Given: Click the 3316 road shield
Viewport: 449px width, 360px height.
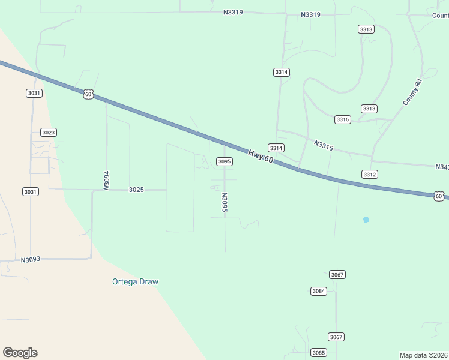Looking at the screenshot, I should click(342, 119).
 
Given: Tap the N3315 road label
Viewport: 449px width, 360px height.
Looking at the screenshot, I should click(323, 145).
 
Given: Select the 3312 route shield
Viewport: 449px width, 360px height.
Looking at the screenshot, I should click(370, 174).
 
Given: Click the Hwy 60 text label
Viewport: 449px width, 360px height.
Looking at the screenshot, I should click(261, 156).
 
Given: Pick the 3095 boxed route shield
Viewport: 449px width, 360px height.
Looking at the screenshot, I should click(224, 161).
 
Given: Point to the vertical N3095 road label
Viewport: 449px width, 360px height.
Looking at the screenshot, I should click(224, 203).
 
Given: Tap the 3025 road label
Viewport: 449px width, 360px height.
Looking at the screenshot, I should click(136, 190).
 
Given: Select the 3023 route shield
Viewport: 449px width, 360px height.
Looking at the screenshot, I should click(49, 132).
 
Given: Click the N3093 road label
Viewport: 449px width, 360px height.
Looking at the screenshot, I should click(30, 260).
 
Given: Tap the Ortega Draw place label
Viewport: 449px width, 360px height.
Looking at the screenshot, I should click(136, 281).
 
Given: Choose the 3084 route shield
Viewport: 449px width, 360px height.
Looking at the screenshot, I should click(319, 291).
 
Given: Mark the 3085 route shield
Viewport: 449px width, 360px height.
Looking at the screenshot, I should click(319, 352).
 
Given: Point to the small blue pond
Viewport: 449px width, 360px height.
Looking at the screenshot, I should click(366, 220).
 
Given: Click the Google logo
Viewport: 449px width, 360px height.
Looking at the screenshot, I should click(20, 353).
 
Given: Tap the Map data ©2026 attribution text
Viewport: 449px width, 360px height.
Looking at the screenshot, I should click(424, 355).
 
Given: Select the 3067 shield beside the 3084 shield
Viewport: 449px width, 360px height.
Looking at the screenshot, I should click(337, 274).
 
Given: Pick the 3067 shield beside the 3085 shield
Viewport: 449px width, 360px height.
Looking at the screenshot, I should click(336, 337).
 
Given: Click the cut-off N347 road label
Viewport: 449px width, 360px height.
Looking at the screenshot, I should click(442, 166).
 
